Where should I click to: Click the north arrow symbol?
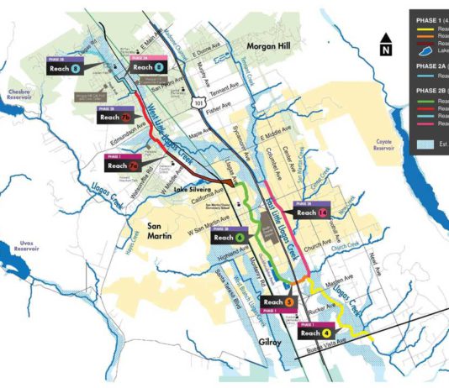(385, 44)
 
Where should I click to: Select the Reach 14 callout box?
(313, 213)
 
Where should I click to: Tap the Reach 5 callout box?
(278, 301)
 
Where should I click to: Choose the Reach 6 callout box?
(229, 238)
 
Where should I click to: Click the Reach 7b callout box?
(115, 118)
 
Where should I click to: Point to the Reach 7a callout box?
(121, 166)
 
